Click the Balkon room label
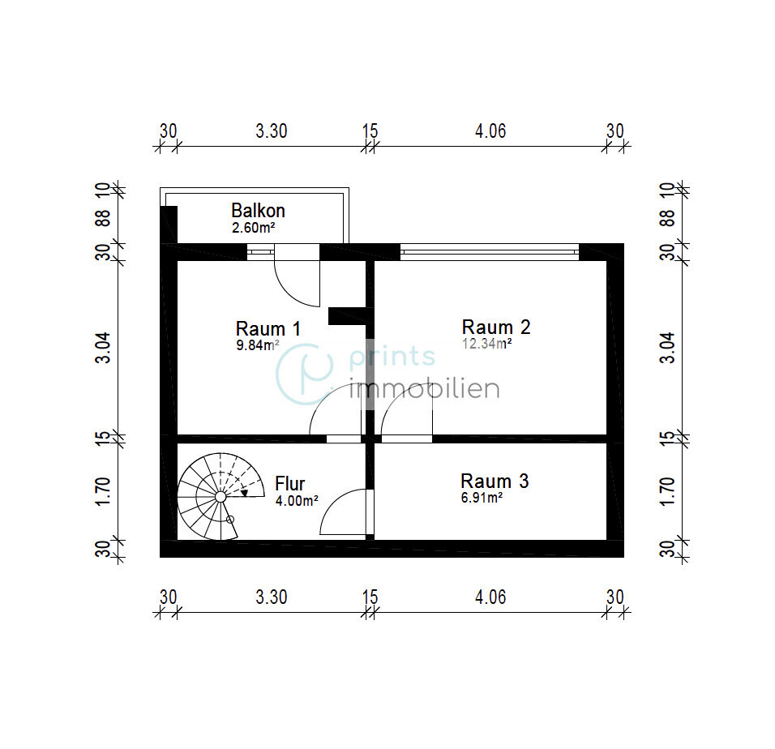(x=258, y=211)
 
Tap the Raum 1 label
(x=268, y=329)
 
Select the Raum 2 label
(x=496, y=327)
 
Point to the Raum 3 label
(x=495, y=481)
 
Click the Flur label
(x=289, y=484)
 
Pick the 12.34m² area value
(x=487, y=344)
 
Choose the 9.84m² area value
(x=258, y=345)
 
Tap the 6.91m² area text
(x=482, y=498)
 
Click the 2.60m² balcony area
(x=254, y=228)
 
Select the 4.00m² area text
(x=297, y=501)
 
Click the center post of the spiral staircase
(x=221, y=497)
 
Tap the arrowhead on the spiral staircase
(x=244, y=493)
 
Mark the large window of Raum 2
(x=490, y=252)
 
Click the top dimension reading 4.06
(x=490, y=131)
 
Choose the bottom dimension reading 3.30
(x=272, y=597)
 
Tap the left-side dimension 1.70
(x=102, y=491)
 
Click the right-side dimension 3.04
(x=666, y=348)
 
